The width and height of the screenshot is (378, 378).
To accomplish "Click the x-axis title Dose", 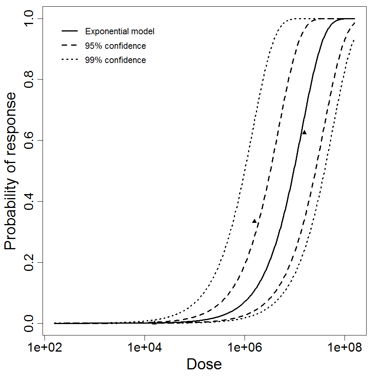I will point(204,365).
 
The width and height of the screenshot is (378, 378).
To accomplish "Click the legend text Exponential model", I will point(120,31).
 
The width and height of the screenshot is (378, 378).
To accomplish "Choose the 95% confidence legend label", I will point(115,46).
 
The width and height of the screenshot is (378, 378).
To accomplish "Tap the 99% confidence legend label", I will point(115,60).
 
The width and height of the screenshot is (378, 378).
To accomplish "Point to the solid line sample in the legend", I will point(70,31).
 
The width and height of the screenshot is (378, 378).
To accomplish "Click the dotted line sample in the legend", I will point(70,60).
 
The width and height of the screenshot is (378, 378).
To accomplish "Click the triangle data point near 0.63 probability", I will point(304,132).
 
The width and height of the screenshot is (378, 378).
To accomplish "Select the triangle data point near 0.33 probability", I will point(254,221).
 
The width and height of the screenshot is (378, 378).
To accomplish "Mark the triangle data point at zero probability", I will point(154,322).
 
